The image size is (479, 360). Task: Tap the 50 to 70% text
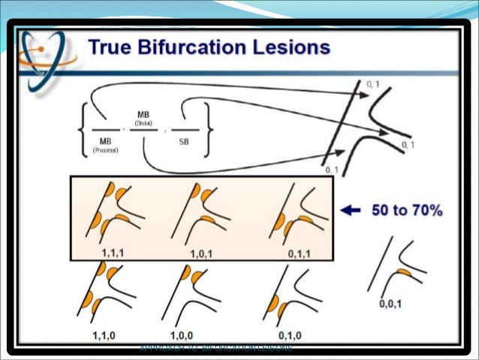coord(405,211)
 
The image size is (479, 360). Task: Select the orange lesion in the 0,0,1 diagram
coord(403,271)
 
